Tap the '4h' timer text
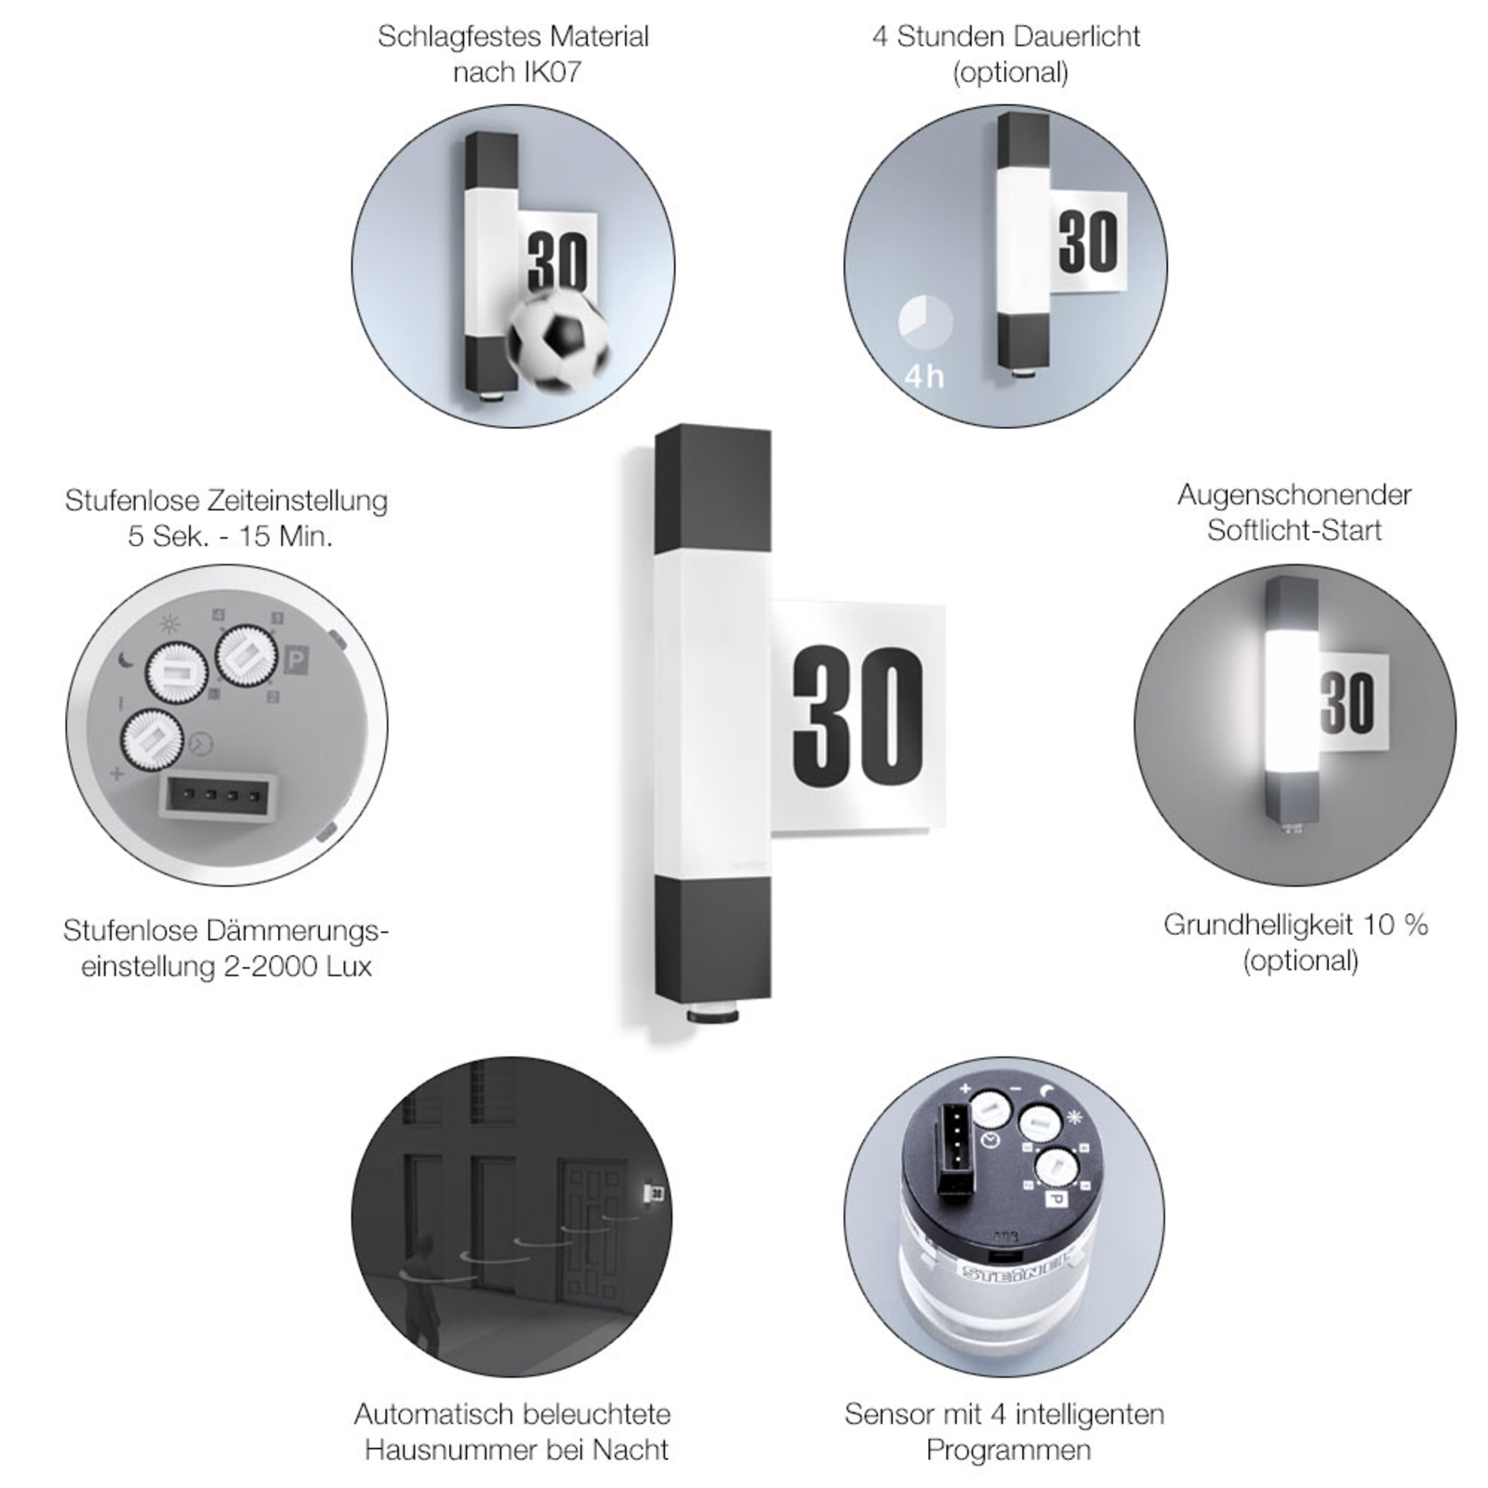[x=924, y=377]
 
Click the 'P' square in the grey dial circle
[x=297, y=660]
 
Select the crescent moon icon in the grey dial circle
[x=128, y=661]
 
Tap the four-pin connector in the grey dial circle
[x=219, y=796]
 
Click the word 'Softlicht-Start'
[x=1295, y=530]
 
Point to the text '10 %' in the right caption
[x=1395, y=924]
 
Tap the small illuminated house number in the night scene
[x=657, y=1193]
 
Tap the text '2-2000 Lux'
[x=298, y=966]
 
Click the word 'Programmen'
[x=1008, y=1451]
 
